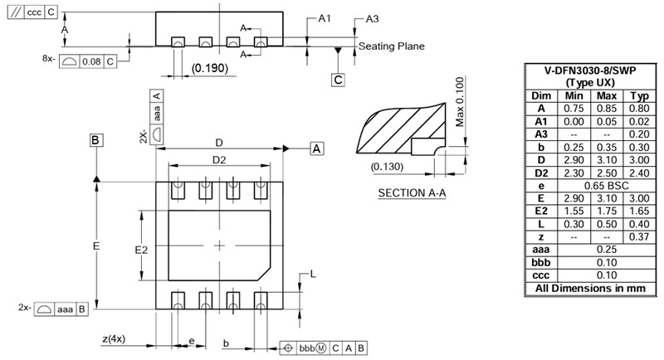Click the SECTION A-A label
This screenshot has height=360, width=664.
pyautogui.click(x=413, y=193)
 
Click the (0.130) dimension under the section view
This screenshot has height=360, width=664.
pyautogui.click(x=388, y=166)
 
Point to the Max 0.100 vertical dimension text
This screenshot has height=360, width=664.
pyautogui.click(x=460, y=102)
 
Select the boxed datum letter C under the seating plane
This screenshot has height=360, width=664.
pyautogui.click(x=338, y=80)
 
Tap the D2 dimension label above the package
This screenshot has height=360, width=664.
pyautogui.click(x=219, y=160)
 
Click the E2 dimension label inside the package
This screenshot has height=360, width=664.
pyautogui.click(x=141, y=249)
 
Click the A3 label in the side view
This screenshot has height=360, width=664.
pyautogui.click(x=372, y=19)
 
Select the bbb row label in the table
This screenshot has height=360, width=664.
pyautogui.click(x=541, y=261)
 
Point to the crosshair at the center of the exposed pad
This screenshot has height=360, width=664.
pyautogui.click(x=219, y=246)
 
